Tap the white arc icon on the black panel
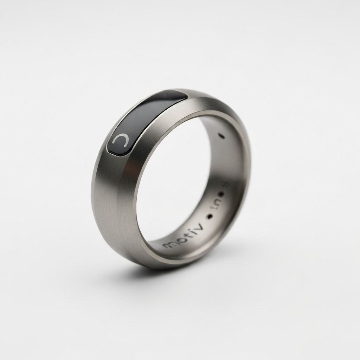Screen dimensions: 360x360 [x=121, y=140]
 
